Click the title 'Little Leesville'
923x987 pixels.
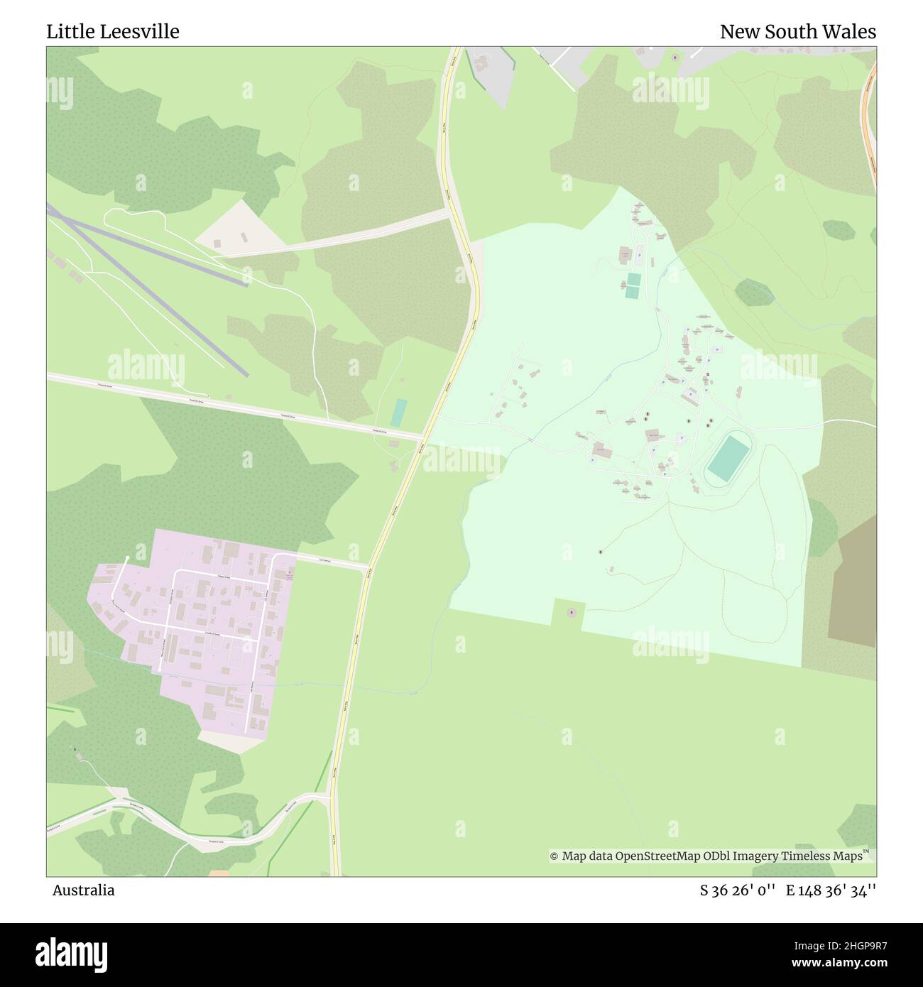[113, 32]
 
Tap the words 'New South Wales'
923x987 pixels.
[797, 32]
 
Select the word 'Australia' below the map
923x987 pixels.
[83, 890]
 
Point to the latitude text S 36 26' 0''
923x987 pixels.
[736, 890]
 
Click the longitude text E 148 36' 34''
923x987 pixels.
[831, 890]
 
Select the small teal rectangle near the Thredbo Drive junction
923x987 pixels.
[399, 413]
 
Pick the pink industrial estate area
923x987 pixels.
[199, 625]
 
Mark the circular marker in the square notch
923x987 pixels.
[571, 612]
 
